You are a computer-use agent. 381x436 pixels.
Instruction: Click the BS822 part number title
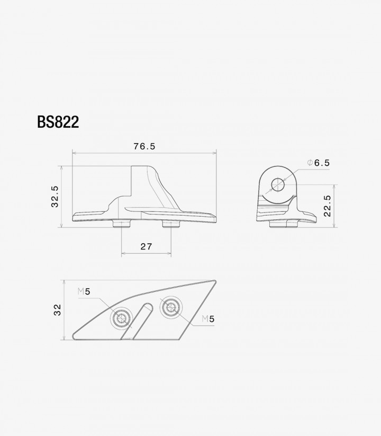click(58, 122)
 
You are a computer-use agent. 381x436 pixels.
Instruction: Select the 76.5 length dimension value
click(144, 146)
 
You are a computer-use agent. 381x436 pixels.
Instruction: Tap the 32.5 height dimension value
click(55, 197)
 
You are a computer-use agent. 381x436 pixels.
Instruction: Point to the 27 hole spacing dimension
click(146, 246)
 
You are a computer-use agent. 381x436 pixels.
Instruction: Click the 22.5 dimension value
click(328, 206)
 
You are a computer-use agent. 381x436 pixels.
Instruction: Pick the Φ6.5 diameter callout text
click(319, 163)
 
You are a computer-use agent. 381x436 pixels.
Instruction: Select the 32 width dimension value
click(58, 310)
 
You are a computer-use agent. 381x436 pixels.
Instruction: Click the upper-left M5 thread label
click(84, 291)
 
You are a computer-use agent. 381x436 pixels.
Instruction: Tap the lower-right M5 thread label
click(208, 319)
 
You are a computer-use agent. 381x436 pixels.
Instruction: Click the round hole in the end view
click(278, 185)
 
